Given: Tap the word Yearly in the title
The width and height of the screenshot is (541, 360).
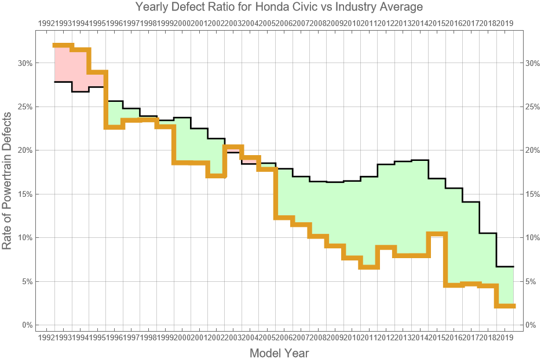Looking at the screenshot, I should tap(153, 7).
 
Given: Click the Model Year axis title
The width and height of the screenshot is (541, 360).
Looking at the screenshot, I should tap(279, 353).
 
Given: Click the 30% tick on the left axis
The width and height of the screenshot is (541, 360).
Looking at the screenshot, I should tap(24, 63).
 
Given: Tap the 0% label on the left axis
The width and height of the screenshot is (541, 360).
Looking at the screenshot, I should tap(26, 325).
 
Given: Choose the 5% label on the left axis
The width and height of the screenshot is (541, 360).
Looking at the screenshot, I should tap(26, 281).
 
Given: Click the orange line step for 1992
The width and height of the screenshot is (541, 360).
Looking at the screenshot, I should tap(63, 45).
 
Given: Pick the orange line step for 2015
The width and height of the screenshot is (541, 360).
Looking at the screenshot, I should tap(437, 234).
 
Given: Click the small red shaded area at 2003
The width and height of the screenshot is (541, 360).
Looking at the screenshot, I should tap(232, 149).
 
